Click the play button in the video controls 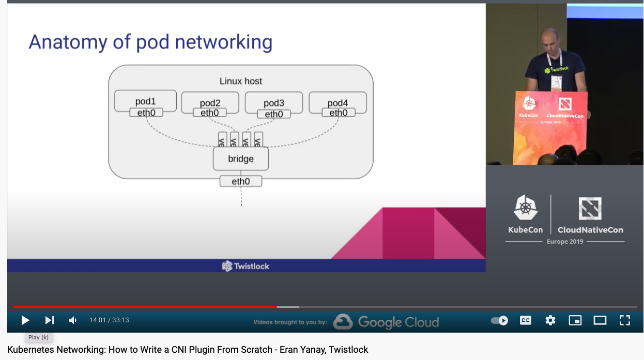click(x=25, y=320)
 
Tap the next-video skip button click(x=49, y=320)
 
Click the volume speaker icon click(x=73, y=320)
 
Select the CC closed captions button click(x=525, y=320)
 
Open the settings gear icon click(x=550, y=320)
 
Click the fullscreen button click(x=624, y=320)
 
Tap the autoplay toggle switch click(x=499, y=320)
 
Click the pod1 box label click(x=145, y=102)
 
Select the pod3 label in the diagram click(x=274, y=103)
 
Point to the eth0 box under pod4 click(x=338, y=113)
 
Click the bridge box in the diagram click(x=241, y=159)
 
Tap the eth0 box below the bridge click(x=241, y=181)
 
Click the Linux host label click(x=241, y=81)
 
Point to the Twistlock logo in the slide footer click(x=246, y=266)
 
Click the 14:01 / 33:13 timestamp click(x=109, y=320)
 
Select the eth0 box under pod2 click(x=209, y=113)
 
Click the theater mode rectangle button click(x=600, y=320)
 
